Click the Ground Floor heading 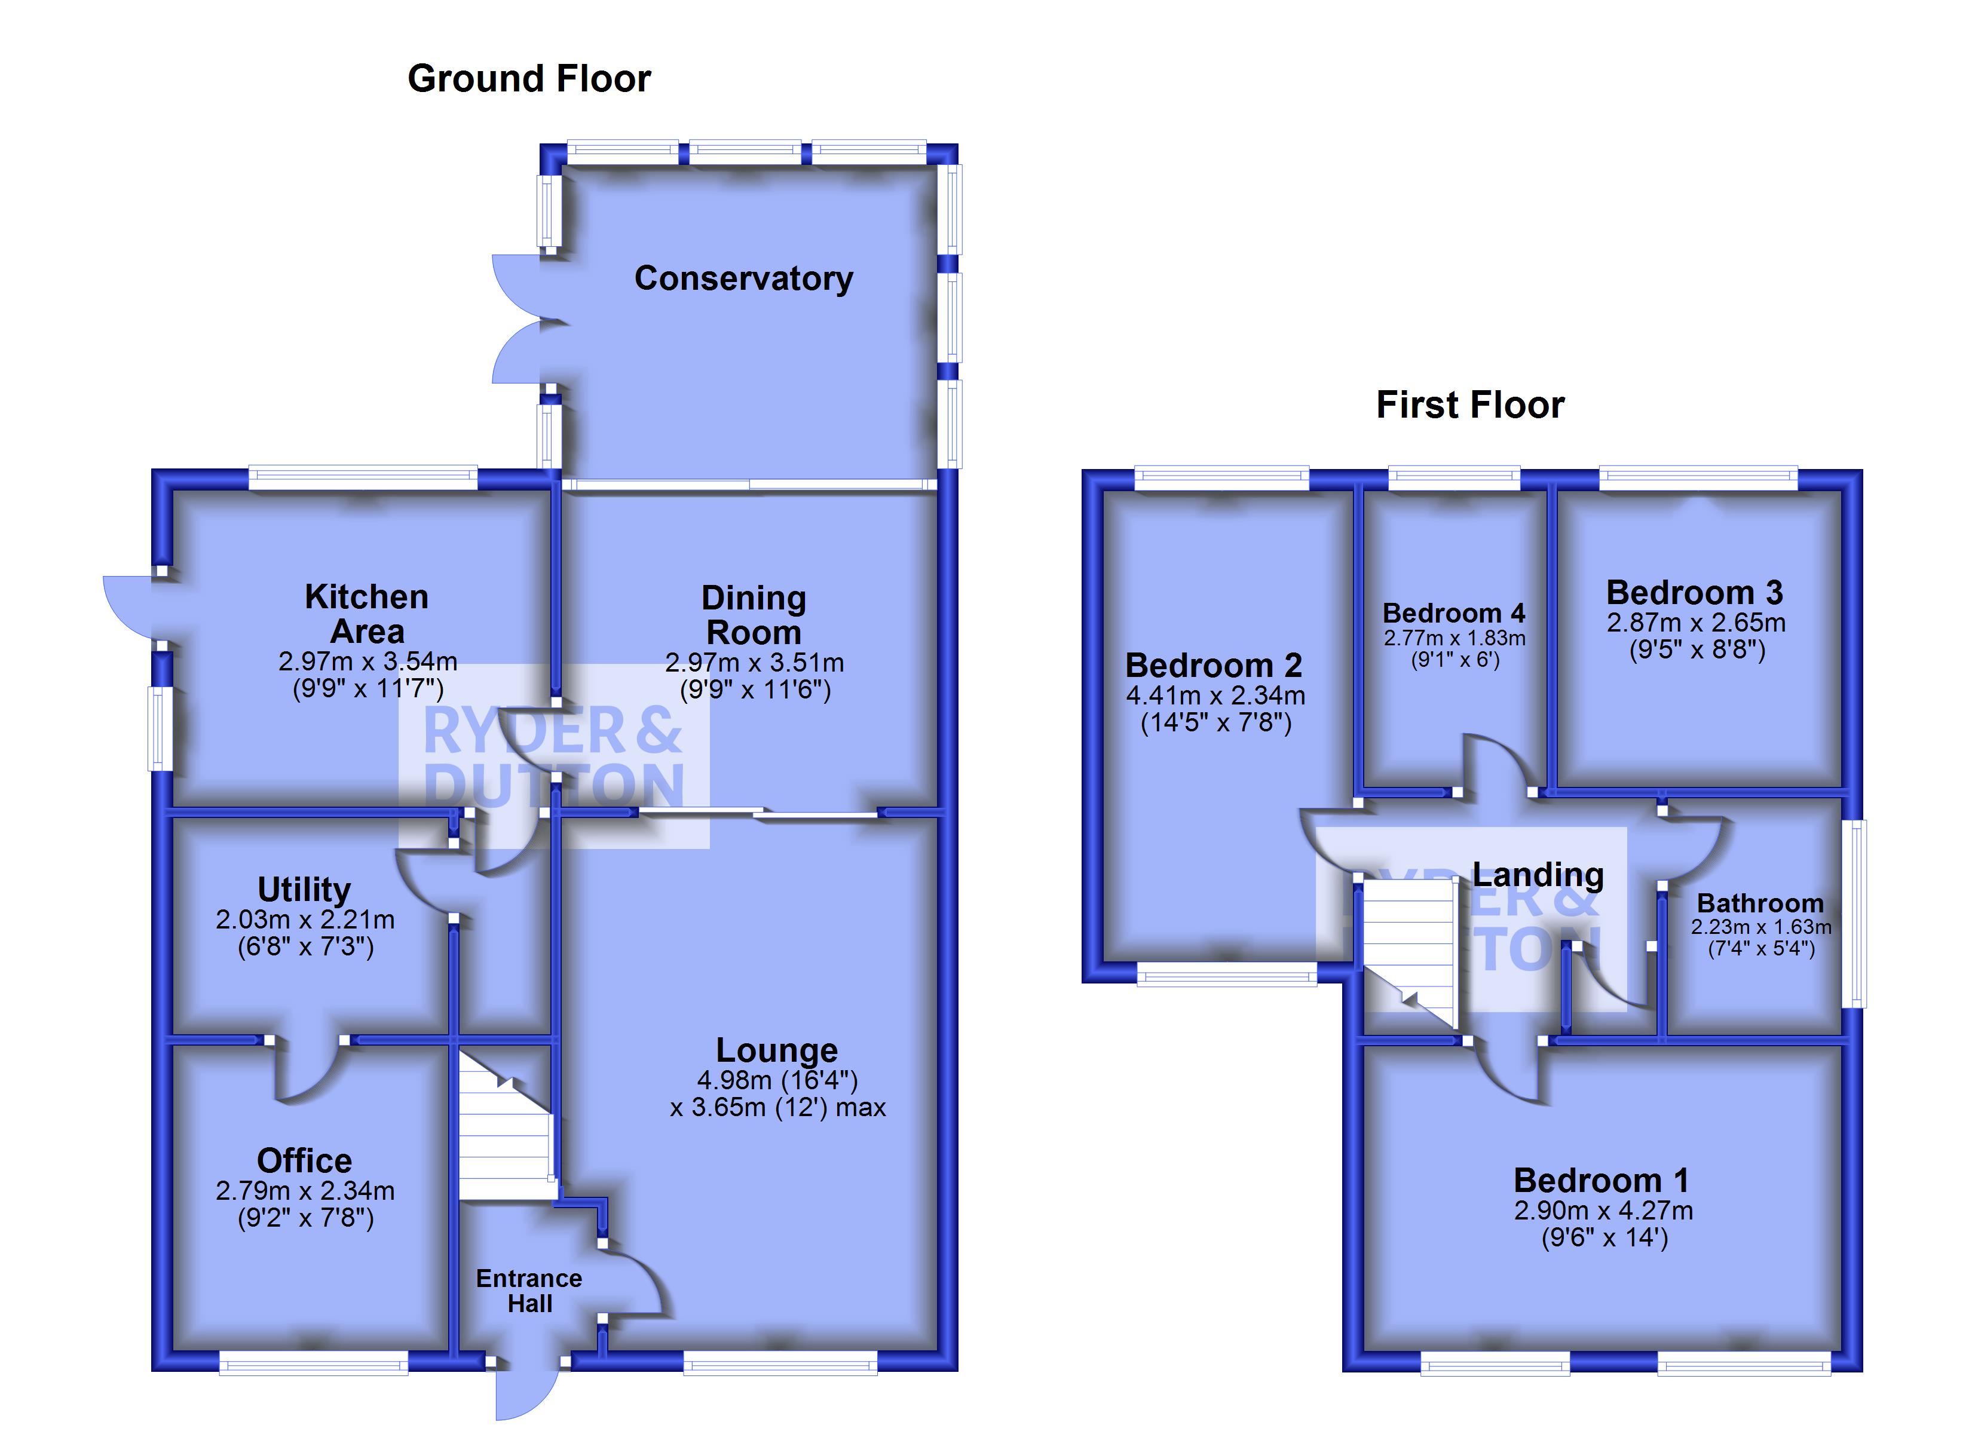529,79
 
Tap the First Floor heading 1470,405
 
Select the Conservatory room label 743,278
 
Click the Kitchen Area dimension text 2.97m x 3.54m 368,662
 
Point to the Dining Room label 754,615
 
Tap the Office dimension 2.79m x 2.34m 305,1190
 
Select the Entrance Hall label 529,1291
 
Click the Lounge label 776,1050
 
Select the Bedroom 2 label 1214,665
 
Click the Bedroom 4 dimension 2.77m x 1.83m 1454,638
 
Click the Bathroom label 1760,903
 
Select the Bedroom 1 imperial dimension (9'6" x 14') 1605,1237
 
